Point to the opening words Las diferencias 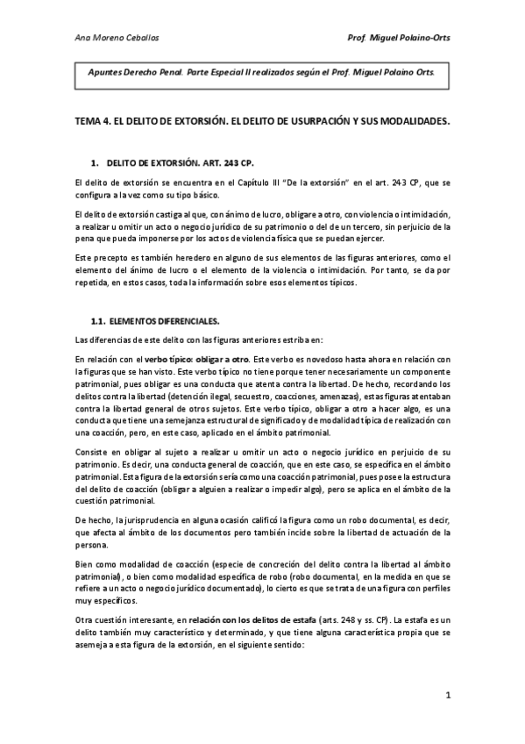pyautogui.click(x=98, y=340)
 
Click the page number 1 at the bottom pyautogui.click(x=447, y=697)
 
